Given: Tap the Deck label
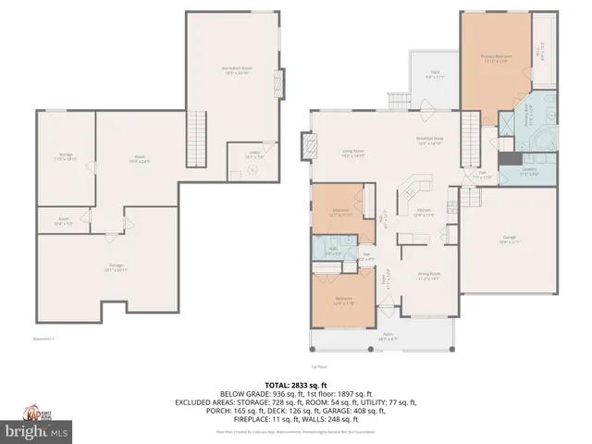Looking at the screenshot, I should pos(433,74).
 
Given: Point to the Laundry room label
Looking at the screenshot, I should pos(529,173).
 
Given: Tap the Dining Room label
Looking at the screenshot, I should pos(428,275).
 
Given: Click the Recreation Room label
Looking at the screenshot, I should pos(237,70).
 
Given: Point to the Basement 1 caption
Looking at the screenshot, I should pos(43,339).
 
